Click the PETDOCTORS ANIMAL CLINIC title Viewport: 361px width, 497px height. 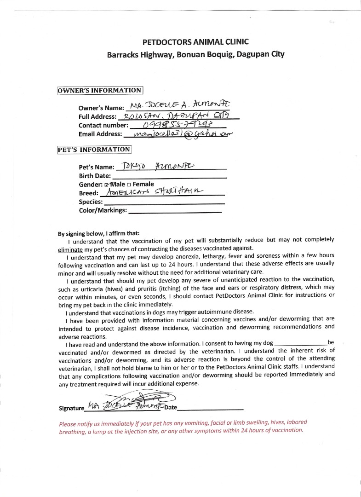[x=195, y=41]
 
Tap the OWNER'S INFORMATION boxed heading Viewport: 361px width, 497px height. [x=100, y=90]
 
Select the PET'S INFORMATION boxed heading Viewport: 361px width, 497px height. [x=94, y=150]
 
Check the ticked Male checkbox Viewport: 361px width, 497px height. [x=107, y=185]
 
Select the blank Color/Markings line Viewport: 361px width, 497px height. [x=175, y=211]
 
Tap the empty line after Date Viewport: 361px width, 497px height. [x=210, y=408]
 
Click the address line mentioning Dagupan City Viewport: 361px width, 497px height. [x=195, y=54]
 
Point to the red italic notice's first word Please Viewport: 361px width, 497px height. [x=68, y=424]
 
